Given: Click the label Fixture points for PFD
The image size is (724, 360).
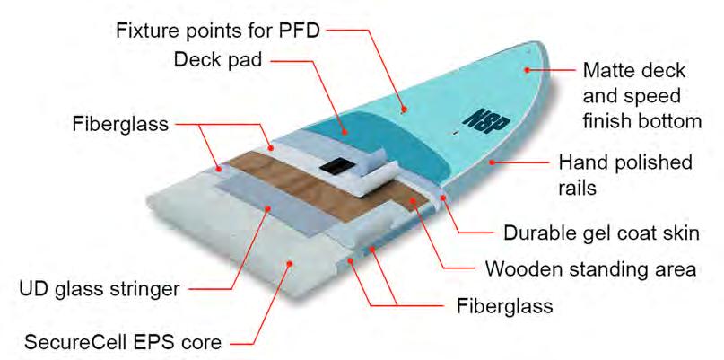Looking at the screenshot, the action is tap(219, 31).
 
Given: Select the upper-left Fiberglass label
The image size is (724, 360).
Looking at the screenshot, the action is tap(120, 124).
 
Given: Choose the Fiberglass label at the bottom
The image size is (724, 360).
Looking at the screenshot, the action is tap(499, 305).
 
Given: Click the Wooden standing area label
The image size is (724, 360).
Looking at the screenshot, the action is tap(592, 269).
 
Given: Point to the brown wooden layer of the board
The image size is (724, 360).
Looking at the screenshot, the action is tap(269, 180).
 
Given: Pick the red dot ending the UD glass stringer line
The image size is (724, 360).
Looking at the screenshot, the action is tap(270, 207).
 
